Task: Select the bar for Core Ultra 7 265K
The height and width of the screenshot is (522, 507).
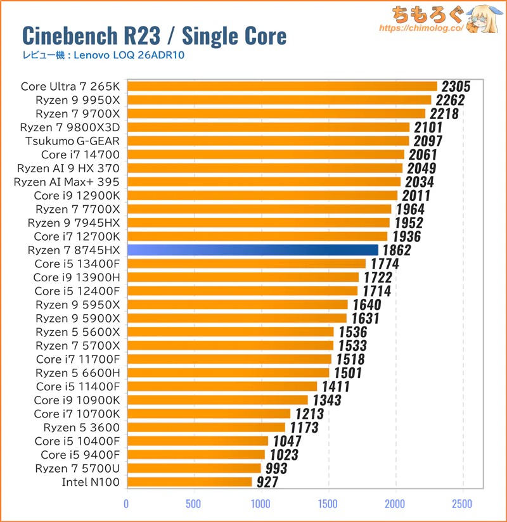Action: point(282,86)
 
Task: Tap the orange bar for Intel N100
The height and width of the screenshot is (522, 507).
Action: point(189,482)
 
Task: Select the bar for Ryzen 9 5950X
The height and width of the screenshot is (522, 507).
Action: point(238,305)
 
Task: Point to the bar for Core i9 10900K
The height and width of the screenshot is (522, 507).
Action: point(217,400)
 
